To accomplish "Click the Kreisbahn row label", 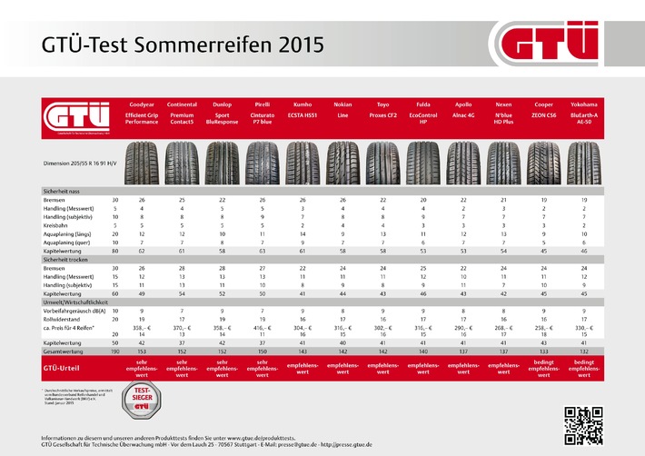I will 56,224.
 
